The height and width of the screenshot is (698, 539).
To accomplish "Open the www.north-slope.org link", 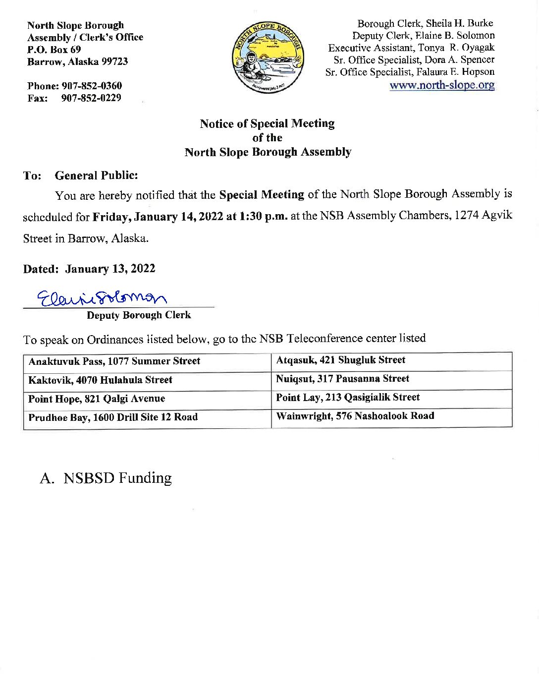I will pos(442,85).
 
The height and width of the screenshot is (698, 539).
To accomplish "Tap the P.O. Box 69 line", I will pos(54,50).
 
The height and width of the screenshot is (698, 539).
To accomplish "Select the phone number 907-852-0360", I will pos(92,86).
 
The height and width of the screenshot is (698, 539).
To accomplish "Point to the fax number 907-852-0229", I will pos(91,98).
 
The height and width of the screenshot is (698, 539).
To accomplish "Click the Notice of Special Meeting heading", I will pos(267,123).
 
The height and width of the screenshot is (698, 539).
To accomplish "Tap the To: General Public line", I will pos(80,175).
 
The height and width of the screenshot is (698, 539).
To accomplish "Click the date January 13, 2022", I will pos(110,269).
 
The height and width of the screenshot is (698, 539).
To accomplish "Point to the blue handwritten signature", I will pos(102,298).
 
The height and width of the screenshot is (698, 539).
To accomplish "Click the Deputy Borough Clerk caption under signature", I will pos(139,315).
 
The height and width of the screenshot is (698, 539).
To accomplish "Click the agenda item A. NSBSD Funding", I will pos(106,478).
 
